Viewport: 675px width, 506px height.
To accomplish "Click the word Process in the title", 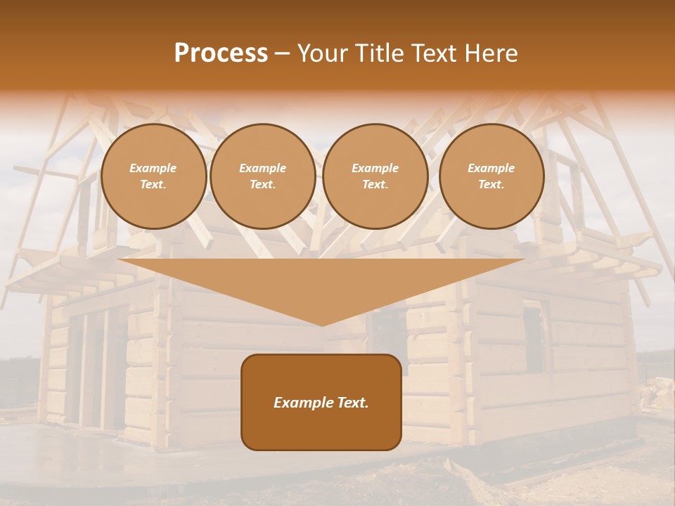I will pos(221,53).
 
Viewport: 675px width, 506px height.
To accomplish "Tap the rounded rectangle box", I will pos(321,429).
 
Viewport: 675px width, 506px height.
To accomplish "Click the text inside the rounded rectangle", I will pos(321,403).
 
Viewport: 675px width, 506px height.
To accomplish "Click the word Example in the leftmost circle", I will pos(153,168).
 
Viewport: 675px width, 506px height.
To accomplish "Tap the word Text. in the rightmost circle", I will pos(491,184).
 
